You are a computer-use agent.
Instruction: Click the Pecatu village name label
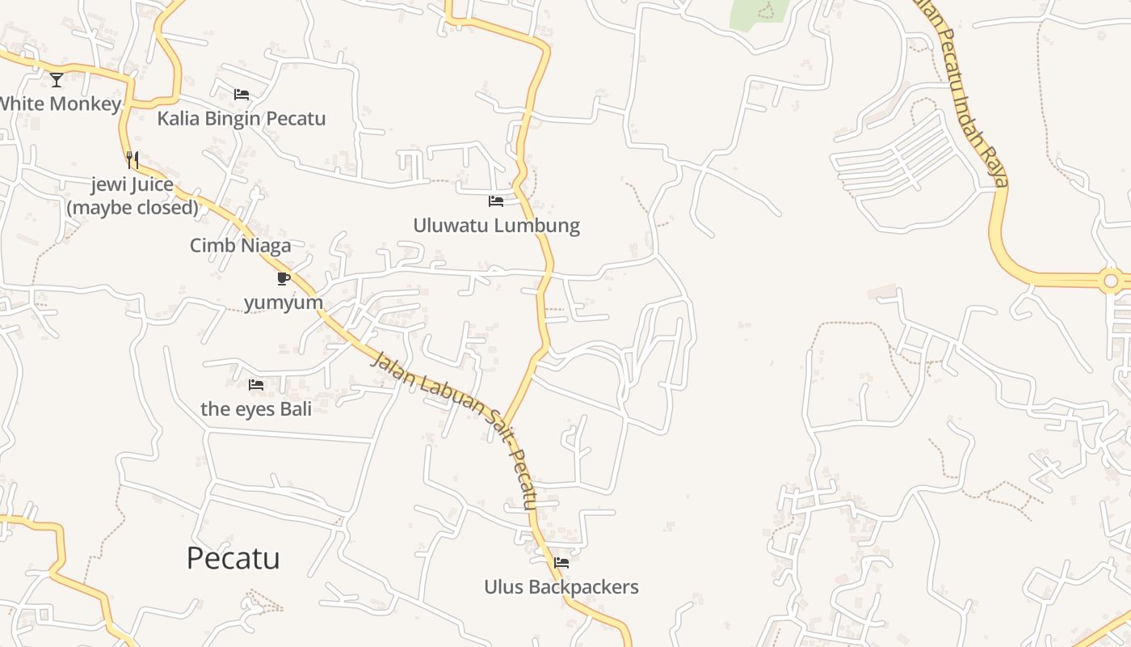point(233,558)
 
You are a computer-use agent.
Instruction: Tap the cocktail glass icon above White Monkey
point(57,79)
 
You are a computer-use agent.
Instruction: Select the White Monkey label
point(60,104)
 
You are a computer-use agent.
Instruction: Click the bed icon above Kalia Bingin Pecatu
point(241,95)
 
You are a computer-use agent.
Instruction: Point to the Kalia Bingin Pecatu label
point(241,119)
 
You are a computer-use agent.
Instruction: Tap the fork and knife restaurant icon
point(132,160)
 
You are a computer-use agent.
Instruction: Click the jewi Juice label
point(132,184)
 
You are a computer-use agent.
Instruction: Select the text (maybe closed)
point(132,208)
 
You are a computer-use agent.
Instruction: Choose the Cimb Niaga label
point(240,245)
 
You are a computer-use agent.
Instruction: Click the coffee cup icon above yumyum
point(283,279)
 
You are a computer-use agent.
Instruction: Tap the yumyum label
point(283,302)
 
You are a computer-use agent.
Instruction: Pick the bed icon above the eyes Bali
point(256,385)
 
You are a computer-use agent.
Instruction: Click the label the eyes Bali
point(256,408)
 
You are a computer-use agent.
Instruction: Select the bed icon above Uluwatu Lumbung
point(496,201)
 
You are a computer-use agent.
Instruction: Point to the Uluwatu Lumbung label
point(496,225)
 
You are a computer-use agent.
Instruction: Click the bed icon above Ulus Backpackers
point(561,563)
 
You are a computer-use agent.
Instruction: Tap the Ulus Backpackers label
point(561,586)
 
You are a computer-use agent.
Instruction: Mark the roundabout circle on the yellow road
point(1111,281)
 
